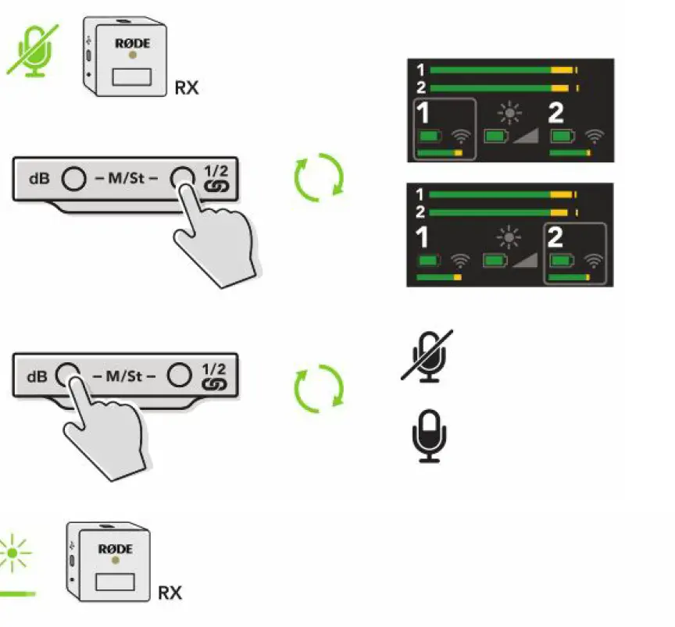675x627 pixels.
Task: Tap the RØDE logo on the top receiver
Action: (131, 44)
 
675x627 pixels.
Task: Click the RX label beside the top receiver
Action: (186, 87)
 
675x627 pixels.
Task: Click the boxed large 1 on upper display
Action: (423, 114)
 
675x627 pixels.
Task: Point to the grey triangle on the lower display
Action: (524, 260)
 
